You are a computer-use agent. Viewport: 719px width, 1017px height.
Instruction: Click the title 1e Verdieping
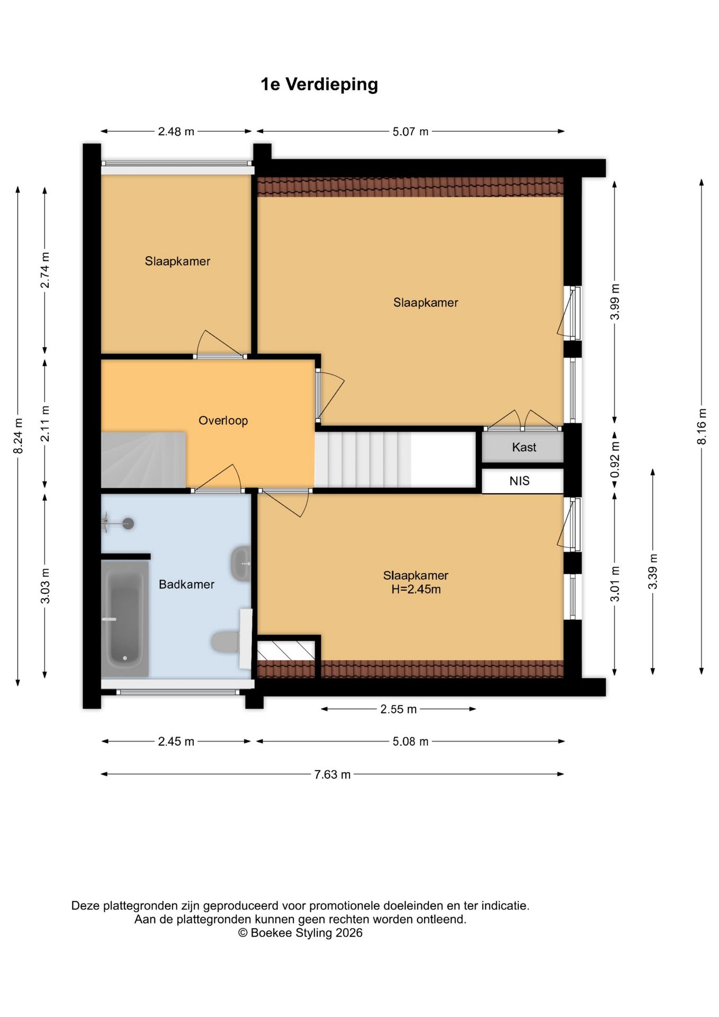click(319, 85)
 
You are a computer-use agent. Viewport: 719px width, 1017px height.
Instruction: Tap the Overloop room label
click(223, 421)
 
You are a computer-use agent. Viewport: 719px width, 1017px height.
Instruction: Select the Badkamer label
click(186, 584)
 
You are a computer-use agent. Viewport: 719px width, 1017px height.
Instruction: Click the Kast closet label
click(524, 447)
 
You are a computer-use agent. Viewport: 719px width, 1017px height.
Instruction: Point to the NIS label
click(519, 481)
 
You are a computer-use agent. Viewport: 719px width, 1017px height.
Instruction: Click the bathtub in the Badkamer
click(125, 618)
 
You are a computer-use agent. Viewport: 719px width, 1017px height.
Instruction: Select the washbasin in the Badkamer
click(241, 564)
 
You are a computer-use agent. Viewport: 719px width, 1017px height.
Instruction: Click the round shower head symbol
click(128, 524)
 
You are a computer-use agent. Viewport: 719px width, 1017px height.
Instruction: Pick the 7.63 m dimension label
click(332, 774)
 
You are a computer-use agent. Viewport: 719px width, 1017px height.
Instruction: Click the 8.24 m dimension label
click(18, 436)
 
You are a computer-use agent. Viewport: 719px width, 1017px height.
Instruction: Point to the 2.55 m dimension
click(399, 709)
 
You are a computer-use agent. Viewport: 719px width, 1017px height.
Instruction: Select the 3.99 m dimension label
click(615, 302)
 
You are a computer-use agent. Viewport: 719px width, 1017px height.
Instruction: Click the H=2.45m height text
click(416, 590)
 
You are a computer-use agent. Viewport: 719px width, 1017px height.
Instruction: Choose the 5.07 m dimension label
click(410, 131)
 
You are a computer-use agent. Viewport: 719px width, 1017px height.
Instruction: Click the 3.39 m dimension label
click(653, 571)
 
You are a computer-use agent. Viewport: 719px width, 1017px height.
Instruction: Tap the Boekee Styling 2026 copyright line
click(300, 933)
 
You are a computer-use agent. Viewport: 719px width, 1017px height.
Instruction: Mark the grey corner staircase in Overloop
click(143, 460)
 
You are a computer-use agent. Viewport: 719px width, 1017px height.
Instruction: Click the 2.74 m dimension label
click(45, 270)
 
